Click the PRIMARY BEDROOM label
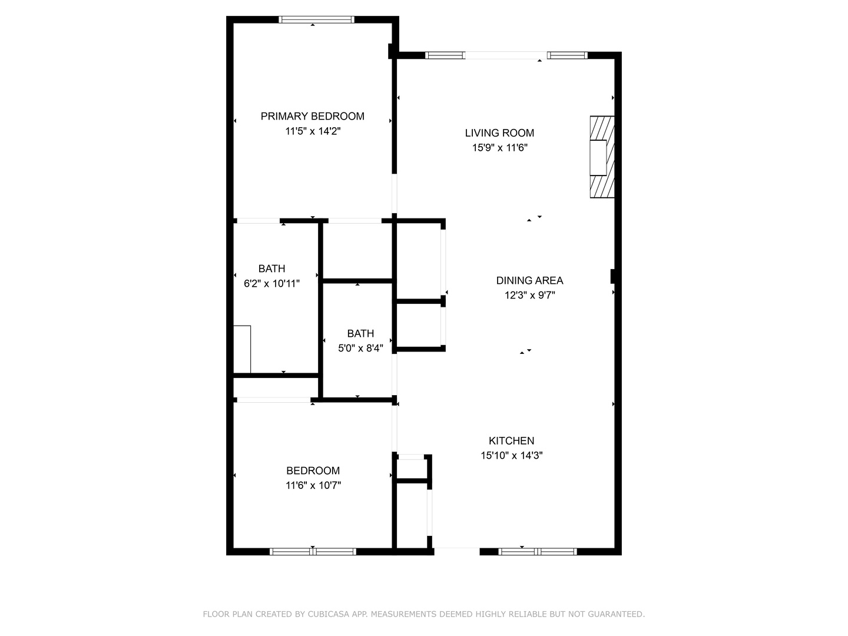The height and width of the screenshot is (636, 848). (x=312, y=116)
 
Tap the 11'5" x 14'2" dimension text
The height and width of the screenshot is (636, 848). (x=313, y=131)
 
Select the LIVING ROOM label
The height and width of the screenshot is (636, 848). (x=499, y=133)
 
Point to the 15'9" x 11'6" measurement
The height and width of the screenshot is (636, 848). (x=499, y=148)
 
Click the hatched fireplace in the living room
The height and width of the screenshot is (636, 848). (x=602, y=157)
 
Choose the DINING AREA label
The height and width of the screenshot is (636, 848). (x=529, y=280)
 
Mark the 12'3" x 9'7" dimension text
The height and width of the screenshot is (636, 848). (x=529, y=296)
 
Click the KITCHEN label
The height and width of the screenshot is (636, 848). (x=511, y=440)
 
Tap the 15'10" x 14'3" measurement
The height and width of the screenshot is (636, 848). (x=511, y=455)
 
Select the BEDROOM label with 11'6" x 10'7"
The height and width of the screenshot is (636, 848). (x=313, y=471)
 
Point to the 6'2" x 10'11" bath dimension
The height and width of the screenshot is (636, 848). (x=271, y=283)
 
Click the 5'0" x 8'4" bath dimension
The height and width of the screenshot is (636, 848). (x=360, y=348)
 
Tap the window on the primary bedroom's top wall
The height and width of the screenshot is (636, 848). (x=316, y=19)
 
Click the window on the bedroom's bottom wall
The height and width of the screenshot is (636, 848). (x=313, y=552)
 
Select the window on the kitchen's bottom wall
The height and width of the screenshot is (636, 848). (x=537, y=552)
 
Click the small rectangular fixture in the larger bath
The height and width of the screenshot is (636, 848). (x=242, y=349)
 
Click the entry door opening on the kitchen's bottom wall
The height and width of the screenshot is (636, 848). (x=456, y=551)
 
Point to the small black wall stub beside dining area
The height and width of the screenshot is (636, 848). (x=613, y=276)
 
